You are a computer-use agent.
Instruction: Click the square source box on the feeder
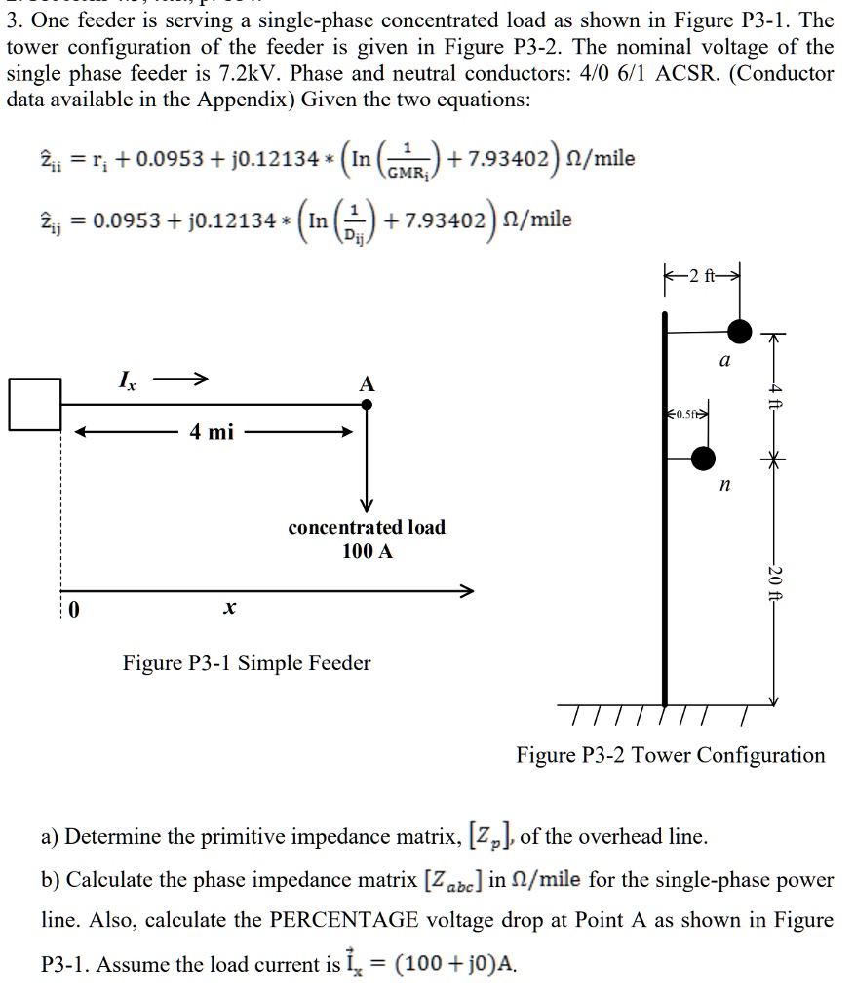coord(35,403)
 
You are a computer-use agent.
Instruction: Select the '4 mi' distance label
coord(213,431)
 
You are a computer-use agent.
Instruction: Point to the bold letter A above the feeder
coord(367,384)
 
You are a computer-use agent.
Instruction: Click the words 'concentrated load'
coord(367,527)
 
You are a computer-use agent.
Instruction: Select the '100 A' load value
coord(368,551)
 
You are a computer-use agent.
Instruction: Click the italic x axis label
coord(227,608)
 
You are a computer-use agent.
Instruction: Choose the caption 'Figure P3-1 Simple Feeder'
coord(246,663)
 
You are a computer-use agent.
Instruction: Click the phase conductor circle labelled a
coord(740,332)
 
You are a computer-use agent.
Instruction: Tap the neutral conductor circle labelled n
coord(703,457)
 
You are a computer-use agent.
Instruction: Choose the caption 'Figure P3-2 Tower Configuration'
coord(671,755)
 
